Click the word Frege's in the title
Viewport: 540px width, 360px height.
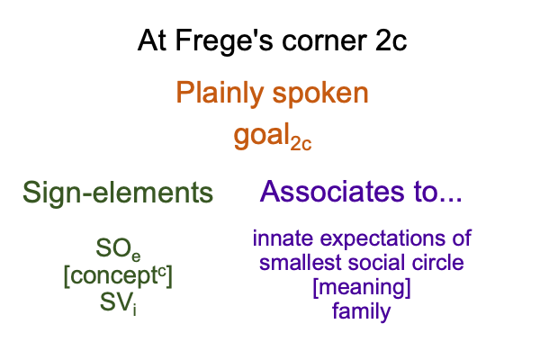[x=224, y=41]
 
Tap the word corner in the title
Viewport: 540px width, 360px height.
[x=324, y=41]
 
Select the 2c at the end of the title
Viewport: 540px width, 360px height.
[x=391, y=40]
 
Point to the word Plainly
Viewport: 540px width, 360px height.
[x=220, y=93]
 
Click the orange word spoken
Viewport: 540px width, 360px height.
[x=320, y=94]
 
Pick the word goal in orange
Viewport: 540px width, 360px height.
[x=262, y=136]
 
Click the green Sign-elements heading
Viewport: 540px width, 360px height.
[x=118, y=193]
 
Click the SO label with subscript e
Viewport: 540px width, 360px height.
[x=118, y=249]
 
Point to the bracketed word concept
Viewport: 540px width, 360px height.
[x=118, y=276]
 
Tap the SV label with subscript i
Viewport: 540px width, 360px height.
[x=118, y=303]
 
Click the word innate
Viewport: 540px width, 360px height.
[x=283, y=238]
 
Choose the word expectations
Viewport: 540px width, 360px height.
[x=382, y=239]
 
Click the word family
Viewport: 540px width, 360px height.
[x=362, y=311]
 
